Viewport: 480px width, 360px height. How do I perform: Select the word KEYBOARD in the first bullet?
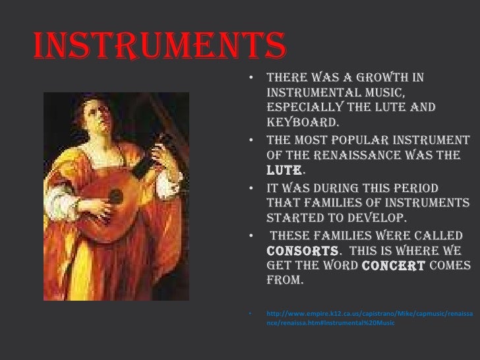tap(303, 122)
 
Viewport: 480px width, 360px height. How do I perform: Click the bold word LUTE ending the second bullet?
tap(282, 170)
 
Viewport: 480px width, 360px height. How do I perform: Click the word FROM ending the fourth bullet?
tap(284, 281)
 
